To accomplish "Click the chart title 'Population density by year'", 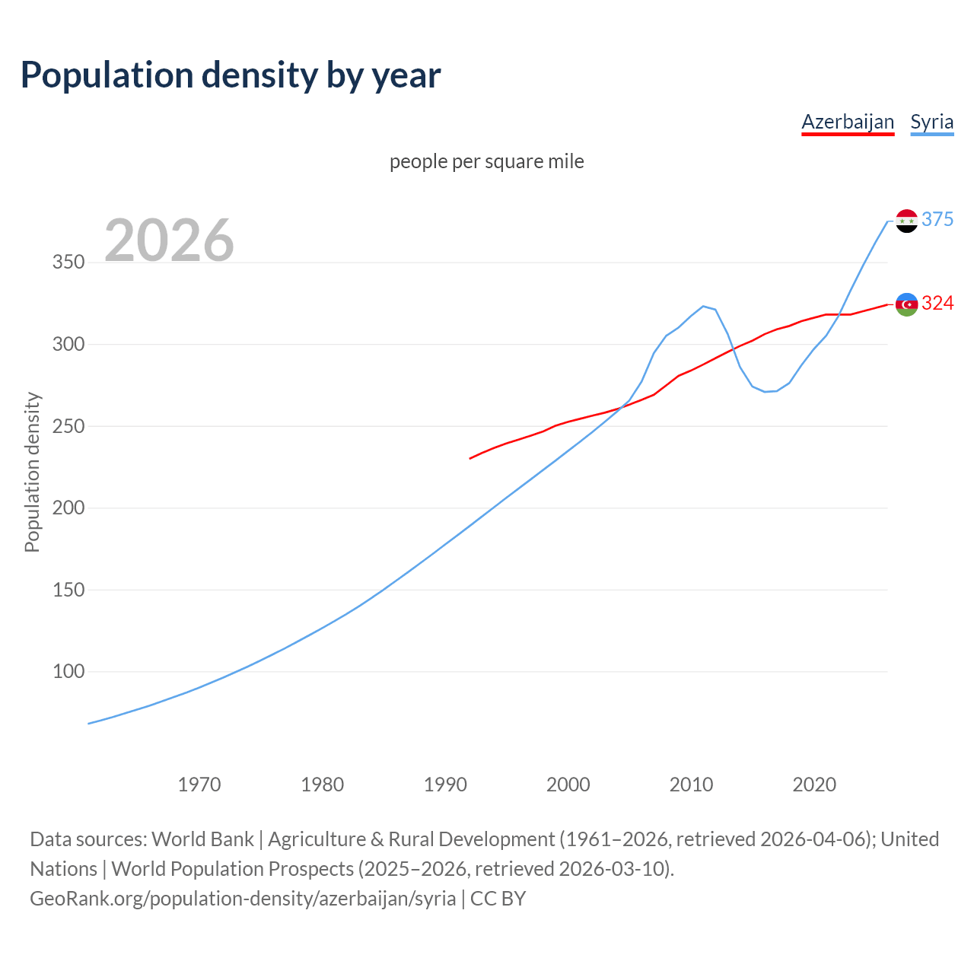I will click(231, 75).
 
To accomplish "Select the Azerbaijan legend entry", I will click(848, 122).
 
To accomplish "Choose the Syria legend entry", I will click(931, 122).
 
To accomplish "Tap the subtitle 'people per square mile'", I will click(486, 161).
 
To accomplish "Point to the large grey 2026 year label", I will click(169, 240).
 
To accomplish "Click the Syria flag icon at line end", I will click(906, 221).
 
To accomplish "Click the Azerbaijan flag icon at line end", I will click(906, 304).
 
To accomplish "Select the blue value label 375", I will click(937, 219).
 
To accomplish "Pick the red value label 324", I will click(937, 303).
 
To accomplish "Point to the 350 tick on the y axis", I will click(68, 263).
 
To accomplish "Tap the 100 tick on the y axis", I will click(68, 672).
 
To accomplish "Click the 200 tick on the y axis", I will click(68, 508).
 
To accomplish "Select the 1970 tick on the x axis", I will click(199, 785).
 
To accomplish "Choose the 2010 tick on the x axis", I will click(691, 785).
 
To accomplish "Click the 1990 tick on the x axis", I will click(445, 785).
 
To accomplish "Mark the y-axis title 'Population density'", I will click(32, 472).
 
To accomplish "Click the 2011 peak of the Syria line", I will click(703, 306).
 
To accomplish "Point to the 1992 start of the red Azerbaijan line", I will click(470, 458).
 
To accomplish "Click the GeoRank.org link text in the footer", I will click(243, 899).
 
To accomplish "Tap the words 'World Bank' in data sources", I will click(202, 839).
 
